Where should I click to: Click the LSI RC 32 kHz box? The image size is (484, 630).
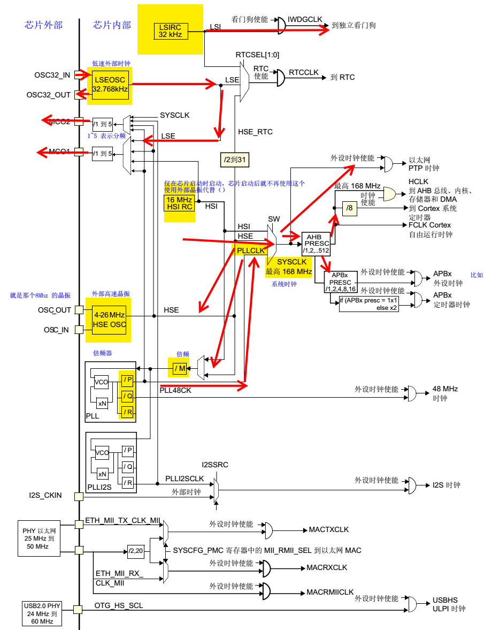tap(170, 31)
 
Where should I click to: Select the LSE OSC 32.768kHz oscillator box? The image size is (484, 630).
tap(110, 85)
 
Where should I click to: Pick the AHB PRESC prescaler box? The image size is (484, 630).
tap(316, 244)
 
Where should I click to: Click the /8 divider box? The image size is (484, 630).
tap(349, 208)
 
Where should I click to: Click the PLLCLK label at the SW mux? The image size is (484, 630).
tap(251, 251)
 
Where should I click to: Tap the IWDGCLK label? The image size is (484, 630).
tap(305, 19)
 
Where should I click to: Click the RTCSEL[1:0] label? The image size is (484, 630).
tap(257, 55)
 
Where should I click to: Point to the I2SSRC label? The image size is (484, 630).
tap(215, 465)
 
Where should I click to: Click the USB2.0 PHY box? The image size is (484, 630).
tap(43, 613)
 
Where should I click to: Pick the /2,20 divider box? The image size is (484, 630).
tap(136, 550)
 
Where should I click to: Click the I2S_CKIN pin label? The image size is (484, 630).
tap(45, 496)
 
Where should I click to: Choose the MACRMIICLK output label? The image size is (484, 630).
tap(330, 593)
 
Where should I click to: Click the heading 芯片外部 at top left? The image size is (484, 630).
tap(43, 25)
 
